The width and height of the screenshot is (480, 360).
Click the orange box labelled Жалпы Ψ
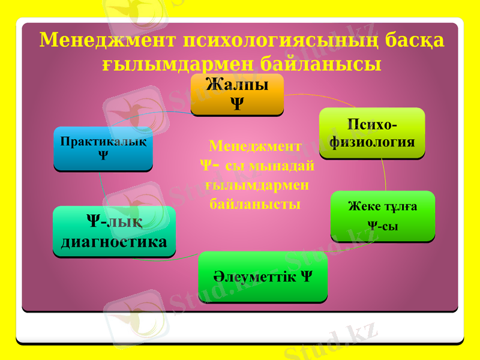tap(237, 94)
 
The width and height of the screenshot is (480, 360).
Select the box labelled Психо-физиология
tap(372, 133)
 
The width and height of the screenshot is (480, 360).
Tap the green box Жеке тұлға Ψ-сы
tap(383, 215)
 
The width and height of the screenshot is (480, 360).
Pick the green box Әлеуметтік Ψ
tap(263, 277)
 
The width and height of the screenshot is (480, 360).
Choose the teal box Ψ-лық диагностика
tap(114, 232)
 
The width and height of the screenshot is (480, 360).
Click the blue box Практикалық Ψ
tap(103, 148)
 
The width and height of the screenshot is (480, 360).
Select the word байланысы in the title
tap(321, 64)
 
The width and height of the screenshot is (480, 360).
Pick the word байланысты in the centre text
tap(256, 204)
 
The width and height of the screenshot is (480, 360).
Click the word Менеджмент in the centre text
tap(256, 146)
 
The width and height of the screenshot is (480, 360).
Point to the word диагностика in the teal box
tap(114, 242)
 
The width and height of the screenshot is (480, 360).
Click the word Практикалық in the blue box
tap(103, 142)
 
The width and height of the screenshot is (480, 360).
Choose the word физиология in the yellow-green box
tap(372, 142)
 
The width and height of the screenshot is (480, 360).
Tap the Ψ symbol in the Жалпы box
tap(237, 104)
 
